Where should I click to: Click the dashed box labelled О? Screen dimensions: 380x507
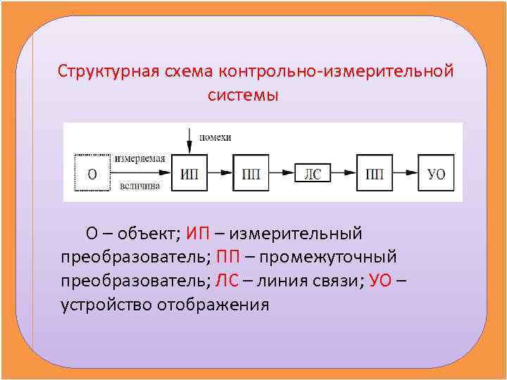click(x=92, y=173)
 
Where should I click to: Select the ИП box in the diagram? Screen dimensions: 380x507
click(x=189, y=173)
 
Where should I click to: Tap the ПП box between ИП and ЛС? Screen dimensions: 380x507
click(x=251, y=173)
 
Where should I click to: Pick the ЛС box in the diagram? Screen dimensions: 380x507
click(x=312, y=173)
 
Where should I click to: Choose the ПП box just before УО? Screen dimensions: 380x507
click(x=374, y=173)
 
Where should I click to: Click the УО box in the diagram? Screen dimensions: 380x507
click(x=436, y=173)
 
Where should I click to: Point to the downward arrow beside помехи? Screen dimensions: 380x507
click(x=189, y=141)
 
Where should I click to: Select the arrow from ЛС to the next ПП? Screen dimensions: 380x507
click(x=343, y=172)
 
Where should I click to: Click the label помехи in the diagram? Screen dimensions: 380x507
click(x=215, y=137)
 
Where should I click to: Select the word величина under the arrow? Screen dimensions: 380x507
click(x=140, y=186)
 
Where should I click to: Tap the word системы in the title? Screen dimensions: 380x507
click(x=244, y=95)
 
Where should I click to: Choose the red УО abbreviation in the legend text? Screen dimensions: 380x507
click(x=382, y=281)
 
